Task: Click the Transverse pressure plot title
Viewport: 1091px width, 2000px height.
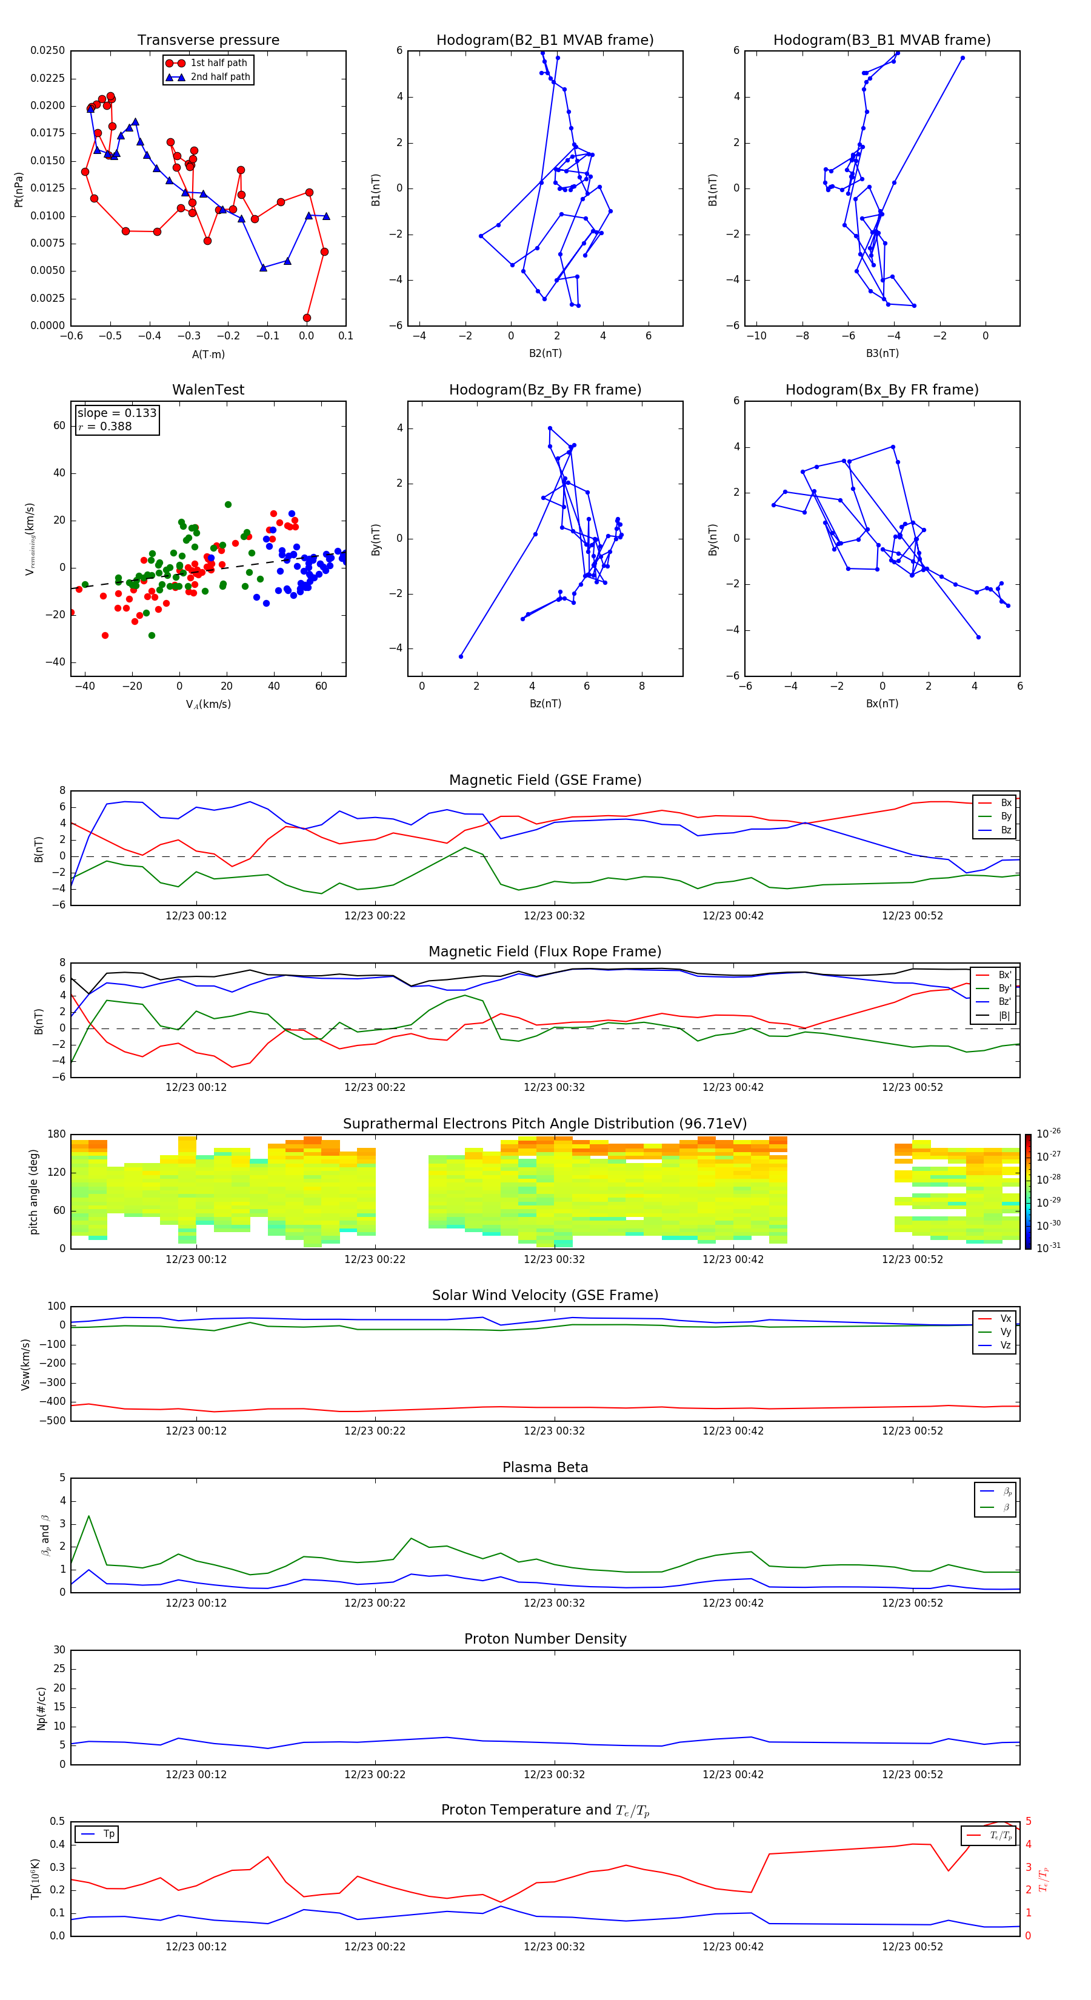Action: pos(208,41)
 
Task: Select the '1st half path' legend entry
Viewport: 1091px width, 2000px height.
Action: pos(218,63)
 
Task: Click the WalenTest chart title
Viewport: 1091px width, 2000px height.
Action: pos(208,390)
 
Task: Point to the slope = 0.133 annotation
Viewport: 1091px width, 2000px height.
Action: pos(116,413)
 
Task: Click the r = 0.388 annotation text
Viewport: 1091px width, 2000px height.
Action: pos(105,426)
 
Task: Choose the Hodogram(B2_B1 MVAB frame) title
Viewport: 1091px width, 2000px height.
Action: pos(544,41)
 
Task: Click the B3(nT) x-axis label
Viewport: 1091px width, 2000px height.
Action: pos(882,353)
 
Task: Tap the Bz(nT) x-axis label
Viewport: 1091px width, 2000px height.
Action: pos(545,704)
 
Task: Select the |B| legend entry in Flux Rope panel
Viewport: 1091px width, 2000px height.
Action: pos(1004,1016)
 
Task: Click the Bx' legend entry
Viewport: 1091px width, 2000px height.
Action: pos(1004,975)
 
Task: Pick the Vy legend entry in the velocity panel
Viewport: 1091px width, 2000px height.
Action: pos(1005,1332)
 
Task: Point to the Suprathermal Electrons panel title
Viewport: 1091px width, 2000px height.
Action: pos(544,1124)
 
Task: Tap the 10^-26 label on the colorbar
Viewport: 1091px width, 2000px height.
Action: pos(1049,1133)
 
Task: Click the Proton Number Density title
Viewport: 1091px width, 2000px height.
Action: pos(544,1638)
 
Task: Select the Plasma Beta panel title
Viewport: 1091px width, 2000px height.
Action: pos(544,1467)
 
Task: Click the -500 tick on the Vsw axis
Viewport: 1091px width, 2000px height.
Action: pos(55,1421)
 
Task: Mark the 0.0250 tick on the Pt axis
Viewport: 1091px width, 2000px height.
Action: pos(47,50)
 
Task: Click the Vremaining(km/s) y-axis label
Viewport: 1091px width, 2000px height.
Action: pos(30,539)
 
